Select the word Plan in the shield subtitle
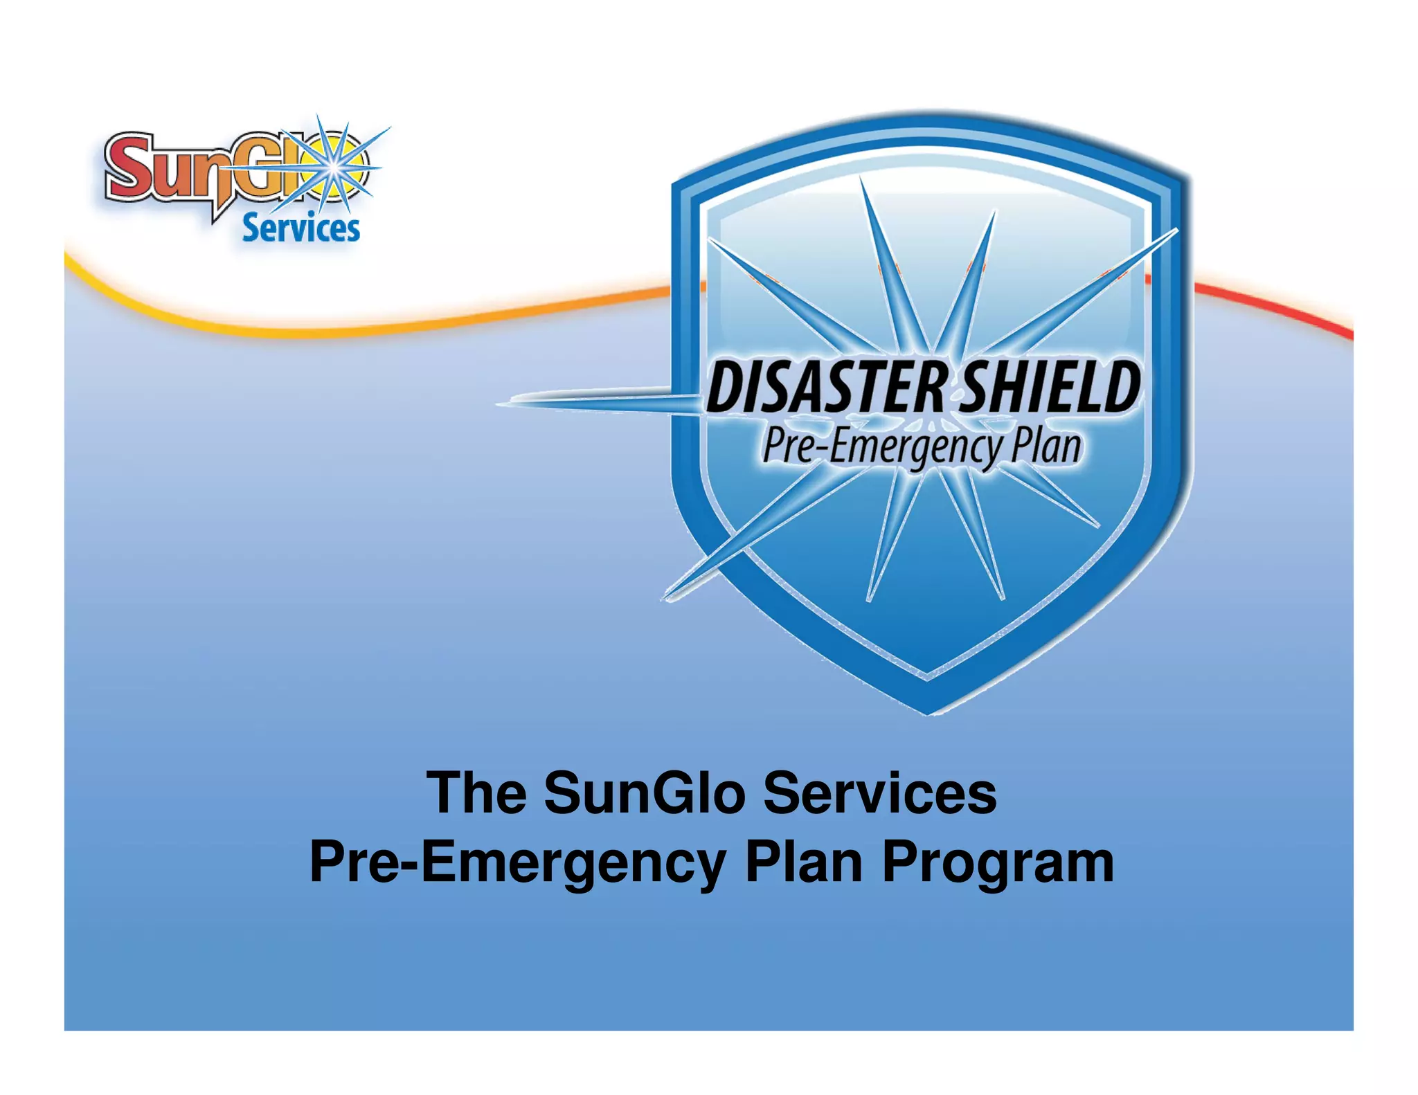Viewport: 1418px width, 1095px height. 1045,446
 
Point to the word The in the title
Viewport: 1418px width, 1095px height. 477,793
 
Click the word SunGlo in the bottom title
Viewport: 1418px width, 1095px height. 645,793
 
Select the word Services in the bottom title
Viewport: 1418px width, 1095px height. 879,793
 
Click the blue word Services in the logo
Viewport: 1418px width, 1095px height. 301,228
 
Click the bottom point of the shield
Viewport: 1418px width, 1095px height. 928,713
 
